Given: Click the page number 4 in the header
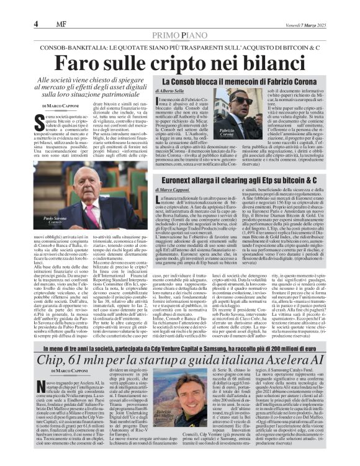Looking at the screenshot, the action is (37, 24).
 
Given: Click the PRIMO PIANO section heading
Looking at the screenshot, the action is (179, 35).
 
